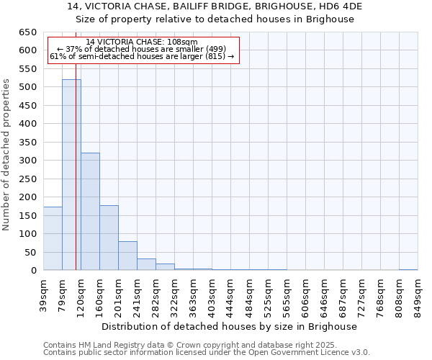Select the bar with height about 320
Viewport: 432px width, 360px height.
[90, 212]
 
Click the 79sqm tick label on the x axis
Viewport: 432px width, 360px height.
[63, 294]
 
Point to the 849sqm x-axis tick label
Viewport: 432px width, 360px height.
[418, 294]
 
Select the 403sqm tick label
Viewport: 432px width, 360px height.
[212, 294]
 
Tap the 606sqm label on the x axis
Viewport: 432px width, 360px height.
[306, 294]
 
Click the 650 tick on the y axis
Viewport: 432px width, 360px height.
[27, 32]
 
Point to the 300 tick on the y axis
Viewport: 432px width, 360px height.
[27, 161]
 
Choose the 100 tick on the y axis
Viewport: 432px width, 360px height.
[27, 234]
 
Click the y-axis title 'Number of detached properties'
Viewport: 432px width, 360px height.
[7, 152]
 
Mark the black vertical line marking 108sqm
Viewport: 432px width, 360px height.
[76, 180]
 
